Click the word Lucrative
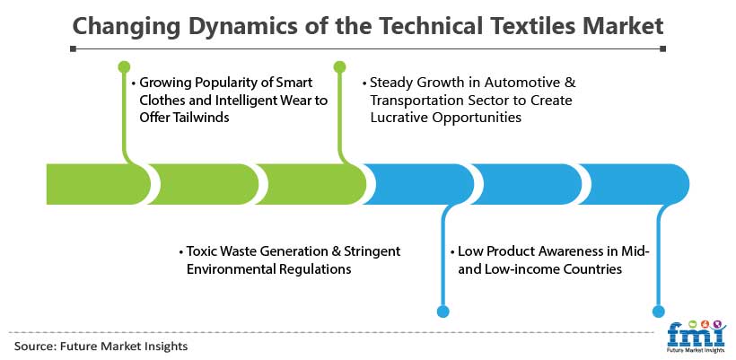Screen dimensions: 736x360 point(399,117)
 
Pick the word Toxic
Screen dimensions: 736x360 point(200,251)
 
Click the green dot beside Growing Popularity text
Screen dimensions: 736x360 point(125,66)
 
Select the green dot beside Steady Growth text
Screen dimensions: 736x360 point(340,66)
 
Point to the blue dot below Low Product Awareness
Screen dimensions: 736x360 point(442,312)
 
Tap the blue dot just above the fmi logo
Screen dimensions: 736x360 point(659,312)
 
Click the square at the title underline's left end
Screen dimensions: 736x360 point(73,48)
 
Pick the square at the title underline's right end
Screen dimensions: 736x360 point(662,48)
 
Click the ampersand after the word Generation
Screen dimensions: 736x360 point(336,251)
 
